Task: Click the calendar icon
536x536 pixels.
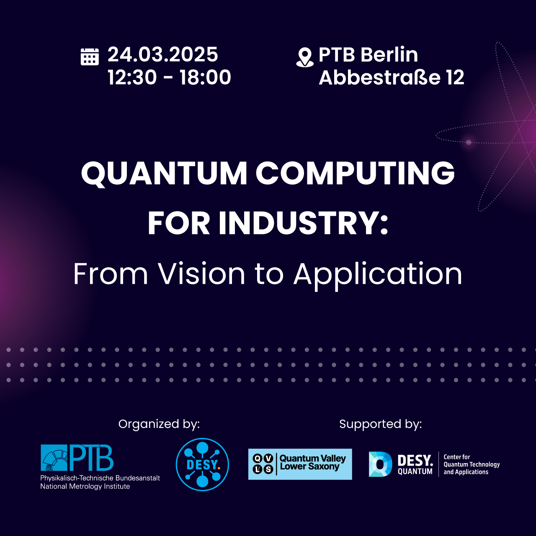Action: [90, 57]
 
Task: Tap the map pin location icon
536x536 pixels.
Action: [305, 57]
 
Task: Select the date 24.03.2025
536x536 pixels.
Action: [163, 54]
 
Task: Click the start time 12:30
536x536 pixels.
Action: [132, 77]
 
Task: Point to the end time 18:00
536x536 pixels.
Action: [205, 77]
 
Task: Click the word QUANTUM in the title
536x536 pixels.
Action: [164, 173]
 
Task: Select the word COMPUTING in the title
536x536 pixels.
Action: [355, 173]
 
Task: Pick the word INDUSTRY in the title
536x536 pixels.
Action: [299, 223]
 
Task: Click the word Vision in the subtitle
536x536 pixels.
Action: [202, 274]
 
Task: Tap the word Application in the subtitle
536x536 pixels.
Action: [378, 276]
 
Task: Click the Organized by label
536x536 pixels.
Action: [159, 424]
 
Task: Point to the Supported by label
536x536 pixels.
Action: [381, 424]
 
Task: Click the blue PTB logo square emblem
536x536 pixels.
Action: [54, 458]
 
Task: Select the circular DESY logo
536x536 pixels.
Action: [202, 464]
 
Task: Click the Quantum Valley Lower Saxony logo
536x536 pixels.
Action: [300, 464]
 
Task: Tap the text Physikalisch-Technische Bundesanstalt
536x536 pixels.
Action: [100, 478]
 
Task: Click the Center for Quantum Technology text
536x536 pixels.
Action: [472, 464]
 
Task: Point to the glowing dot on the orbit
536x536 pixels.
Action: [469, 142]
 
